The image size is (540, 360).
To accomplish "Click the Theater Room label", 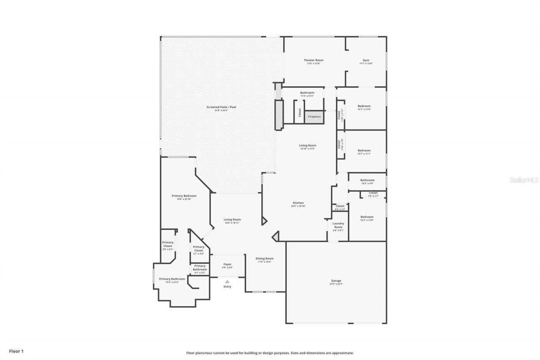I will pyautogui.click(x=313, y=60).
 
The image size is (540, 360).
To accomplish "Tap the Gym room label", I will pyautogui.click(x=366, y=60).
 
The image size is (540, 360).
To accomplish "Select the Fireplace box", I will pyautogui.click(x=314, y=117).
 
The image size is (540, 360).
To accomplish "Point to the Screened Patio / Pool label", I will pyautogui.click(x=221, y=108).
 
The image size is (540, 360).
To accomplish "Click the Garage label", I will pyautogui.click(x=336, y=281).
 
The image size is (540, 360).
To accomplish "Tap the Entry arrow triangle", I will pyautogui.click(x=227, y=282).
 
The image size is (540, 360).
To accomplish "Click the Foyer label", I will pyautogui.click(x=227, y=265).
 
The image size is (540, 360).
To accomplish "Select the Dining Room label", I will pyautogui.click(x=265, y=259).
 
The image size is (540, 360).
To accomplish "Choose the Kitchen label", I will pyautogui.click(x=297, y=203).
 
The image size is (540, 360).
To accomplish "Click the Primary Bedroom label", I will pyautogui.click(x=184, y=196).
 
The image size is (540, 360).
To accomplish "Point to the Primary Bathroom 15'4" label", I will pyautogui.click(x=172, y=279).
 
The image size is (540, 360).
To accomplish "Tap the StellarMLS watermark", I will pyautogui.click(x=524, y=179).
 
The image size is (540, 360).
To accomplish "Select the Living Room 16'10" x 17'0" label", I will pyautogui.click(x=308, y=146).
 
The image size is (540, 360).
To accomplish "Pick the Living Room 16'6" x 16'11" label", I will pyautogui.click(x=232, y=220).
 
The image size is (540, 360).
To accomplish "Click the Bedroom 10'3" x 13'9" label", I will pyautogui.click(x=367, y=217).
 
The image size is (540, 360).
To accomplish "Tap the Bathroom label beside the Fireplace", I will pyautogui.click(x=307, y=93).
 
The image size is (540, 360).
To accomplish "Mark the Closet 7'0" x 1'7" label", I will pyautogui.click(x=373, y=193).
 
